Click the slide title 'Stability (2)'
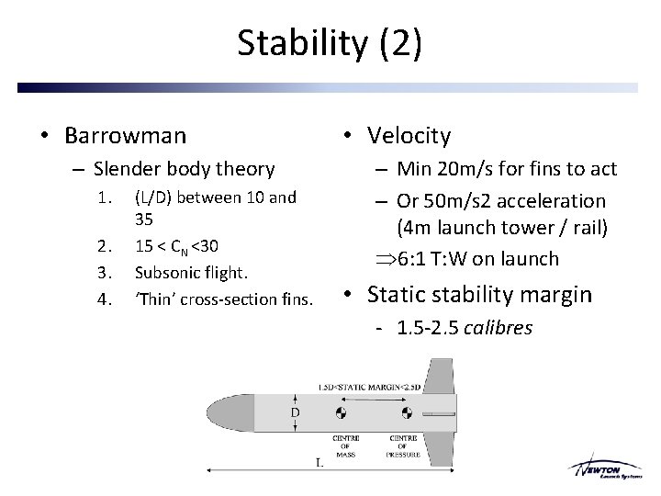(x=330, y=43)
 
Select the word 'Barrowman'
(x=125, y=136)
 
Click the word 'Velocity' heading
(x=409, y=136)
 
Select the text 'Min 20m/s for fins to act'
(x=507, y=168)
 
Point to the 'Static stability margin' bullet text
(x=479, y=294)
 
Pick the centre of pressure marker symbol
(x=404, y=411)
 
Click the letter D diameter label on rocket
(x=295, y=412)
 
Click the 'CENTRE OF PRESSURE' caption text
(x=404, y=445)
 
